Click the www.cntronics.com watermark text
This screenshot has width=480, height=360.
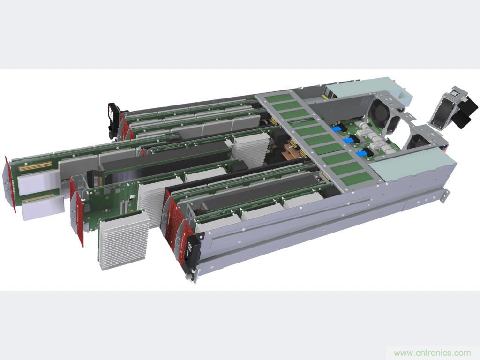432,353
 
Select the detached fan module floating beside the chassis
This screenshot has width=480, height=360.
454,108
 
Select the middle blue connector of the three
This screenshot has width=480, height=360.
348,140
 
